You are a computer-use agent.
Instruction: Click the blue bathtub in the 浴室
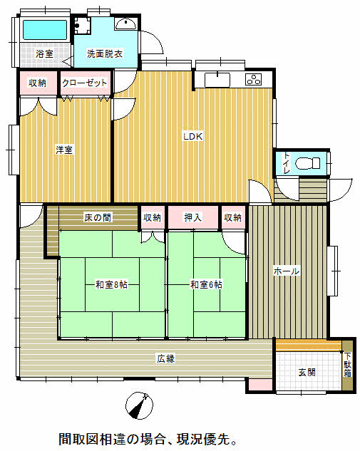pos(45,30)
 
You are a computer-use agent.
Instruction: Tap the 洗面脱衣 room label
pos(105,53)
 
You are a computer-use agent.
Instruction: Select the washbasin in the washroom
pos(126,24)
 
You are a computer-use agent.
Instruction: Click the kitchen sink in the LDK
pos(217,80)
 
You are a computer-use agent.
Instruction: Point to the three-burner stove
pos(254,80)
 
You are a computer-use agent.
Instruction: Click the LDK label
pos(193,136)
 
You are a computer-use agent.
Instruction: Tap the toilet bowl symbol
pos(308,163)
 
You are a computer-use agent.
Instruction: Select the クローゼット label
pos(85,83)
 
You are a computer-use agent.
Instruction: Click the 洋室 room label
pos(64,150)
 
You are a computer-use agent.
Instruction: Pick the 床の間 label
pos(98,217)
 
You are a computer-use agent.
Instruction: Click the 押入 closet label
pos(192,217)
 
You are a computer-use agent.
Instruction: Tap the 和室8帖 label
pos(112,285)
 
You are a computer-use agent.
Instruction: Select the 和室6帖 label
pos(206,285)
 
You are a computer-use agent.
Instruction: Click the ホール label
pos(287,271)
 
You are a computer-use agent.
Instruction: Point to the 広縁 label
pos(166,358)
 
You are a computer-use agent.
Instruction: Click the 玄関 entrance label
pos(307,373)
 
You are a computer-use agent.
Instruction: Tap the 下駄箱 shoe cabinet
pos(347,366)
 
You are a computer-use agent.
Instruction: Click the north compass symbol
pos(140,405)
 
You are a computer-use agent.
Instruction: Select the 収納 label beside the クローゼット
pos(37,83)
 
